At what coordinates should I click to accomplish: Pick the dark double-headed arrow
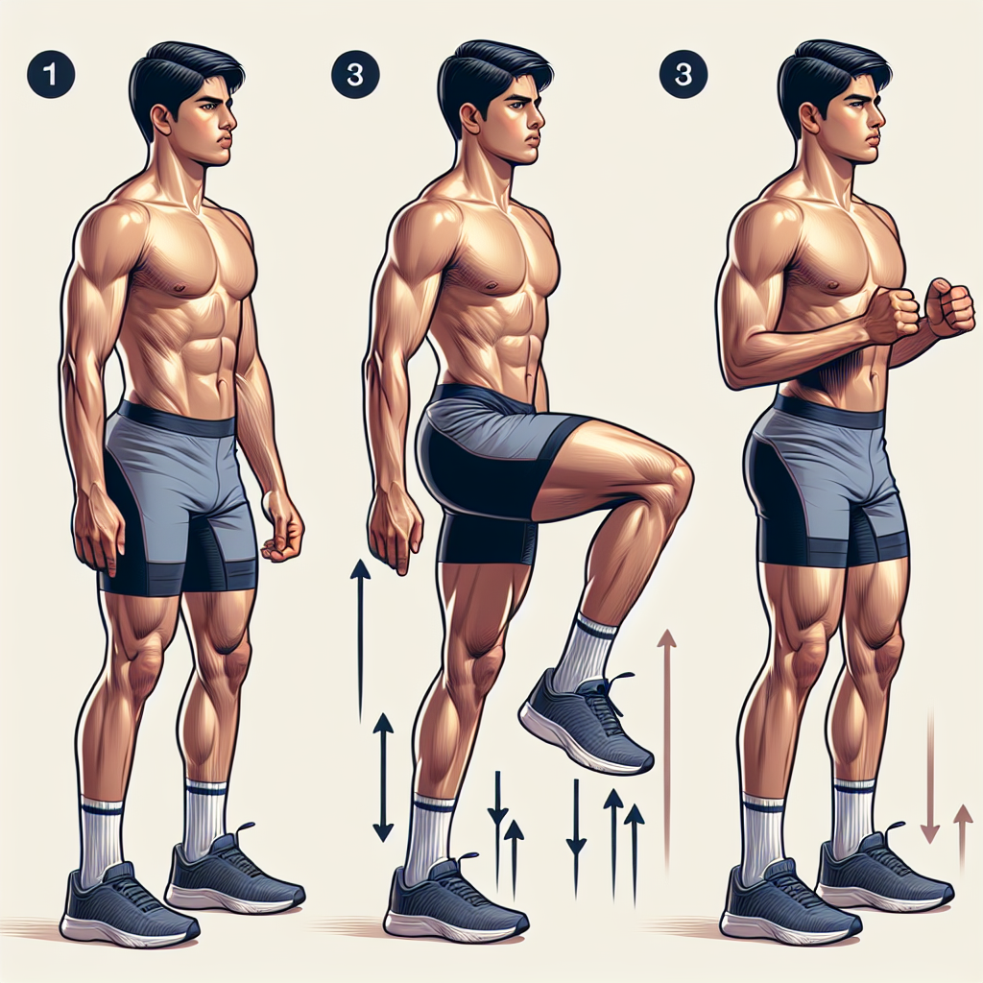[x=383, y=777]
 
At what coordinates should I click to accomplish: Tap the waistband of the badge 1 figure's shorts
[x=178, y=418]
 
